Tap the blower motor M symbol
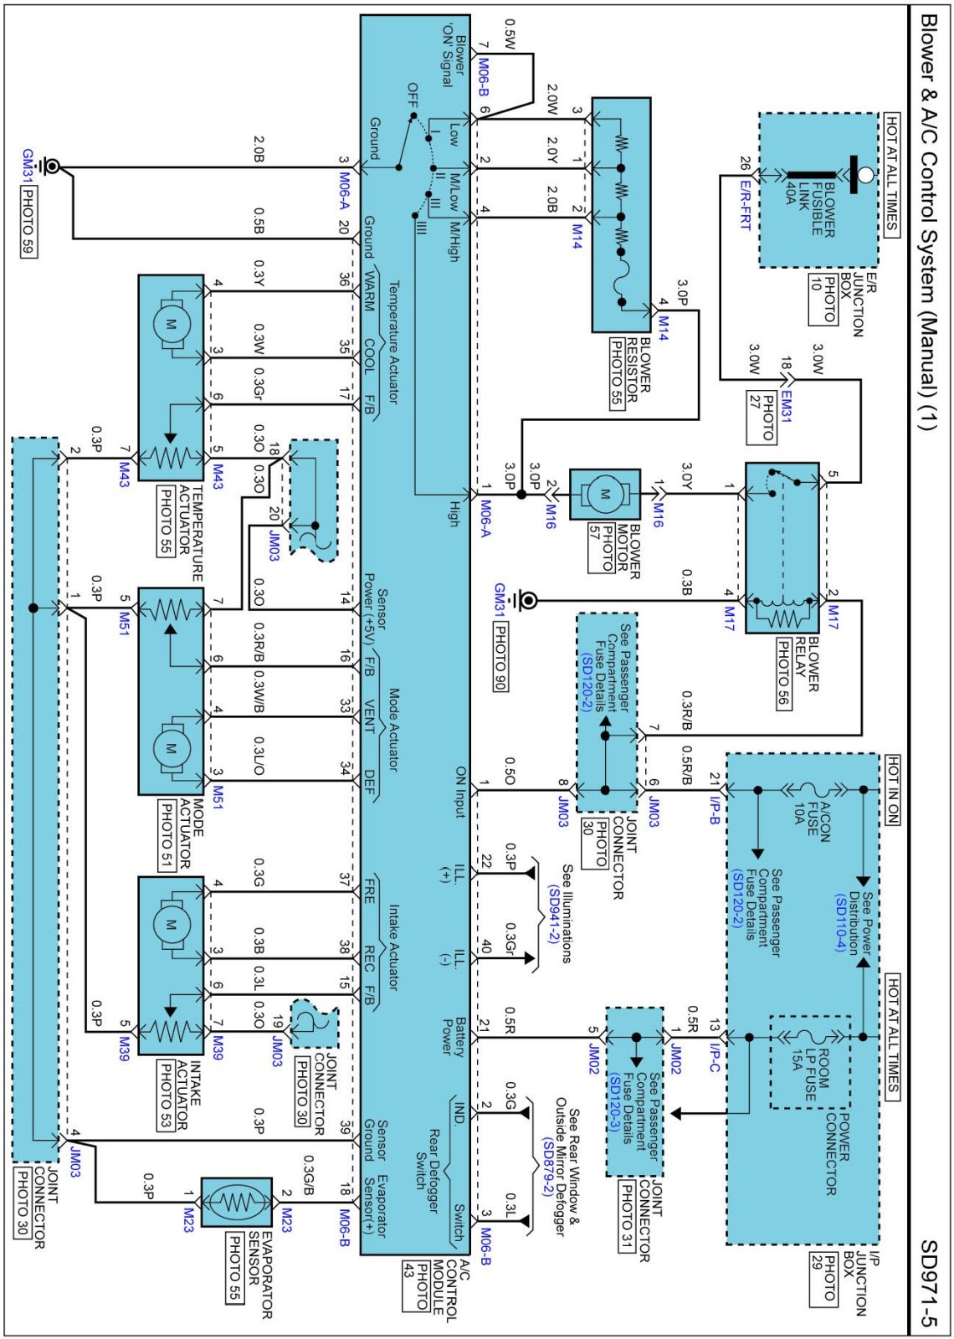click(604, 494)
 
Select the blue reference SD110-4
click(841, 923)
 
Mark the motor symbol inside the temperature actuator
click(172, 325)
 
